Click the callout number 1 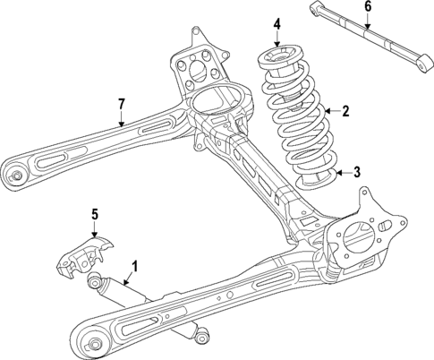134,266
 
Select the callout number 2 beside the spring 345,111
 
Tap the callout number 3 356,173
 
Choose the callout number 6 369,7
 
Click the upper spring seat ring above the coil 278,63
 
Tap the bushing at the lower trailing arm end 92,341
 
